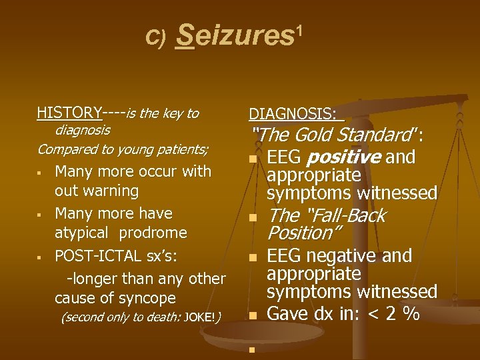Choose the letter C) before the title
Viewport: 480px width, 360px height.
pyautogui.click(x=155, y=37)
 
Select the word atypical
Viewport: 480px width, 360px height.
pyautogui.click(x=81, y=233)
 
